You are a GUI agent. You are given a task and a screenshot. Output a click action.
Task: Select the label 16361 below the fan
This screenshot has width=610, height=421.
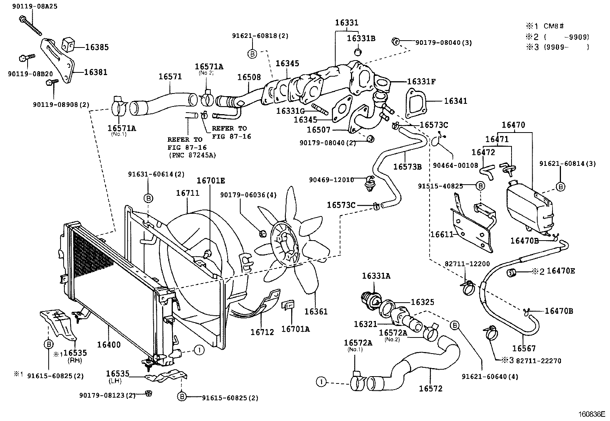click(316, 311)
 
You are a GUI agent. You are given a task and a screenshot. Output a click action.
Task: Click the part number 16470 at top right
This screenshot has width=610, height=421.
click(513, 125)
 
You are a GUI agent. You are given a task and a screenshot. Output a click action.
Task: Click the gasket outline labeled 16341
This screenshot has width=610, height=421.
click(415, 102)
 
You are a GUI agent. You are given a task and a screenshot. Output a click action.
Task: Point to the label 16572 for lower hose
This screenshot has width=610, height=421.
click(431, 389)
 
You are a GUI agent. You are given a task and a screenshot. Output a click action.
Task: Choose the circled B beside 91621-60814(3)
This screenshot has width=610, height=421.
click(560, 187)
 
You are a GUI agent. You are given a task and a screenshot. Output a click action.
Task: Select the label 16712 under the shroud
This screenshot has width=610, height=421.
click(262, 332)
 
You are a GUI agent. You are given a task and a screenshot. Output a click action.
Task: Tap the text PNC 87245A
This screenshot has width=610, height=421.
click(192, 155)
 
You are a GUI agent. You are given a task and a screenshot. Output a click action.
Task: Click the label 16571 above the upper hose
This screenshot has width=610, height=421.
click(170, 76)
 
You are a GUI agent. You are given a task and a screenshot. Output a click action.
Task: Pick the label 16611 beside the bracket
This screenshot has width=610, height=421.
click(441, 234)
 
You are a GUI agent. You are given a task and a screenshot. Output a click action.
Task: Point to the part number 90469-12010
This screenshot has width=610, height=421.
click(331, 179)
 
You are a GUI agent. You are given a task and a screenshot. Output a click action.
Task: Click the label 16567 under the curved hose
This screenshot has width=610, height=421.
click(524, 348)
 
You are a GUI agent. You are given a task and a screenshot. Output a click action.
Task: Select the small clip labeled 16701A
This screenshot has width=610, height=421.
click(289, 305)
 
